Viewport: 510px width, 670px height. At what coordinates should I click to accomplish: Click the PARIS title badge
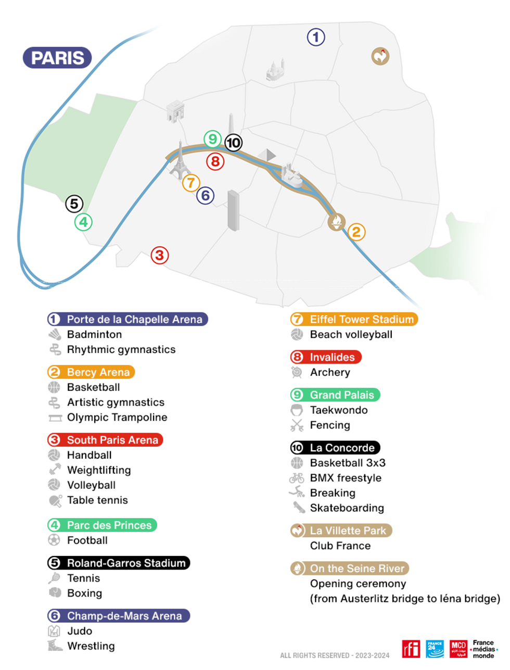[57, 58]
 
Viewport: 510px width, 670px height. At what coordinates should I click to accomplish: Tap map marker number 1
[316, 37]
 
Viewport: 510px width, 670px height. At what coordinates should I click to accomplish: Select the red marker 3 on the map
[160, 255]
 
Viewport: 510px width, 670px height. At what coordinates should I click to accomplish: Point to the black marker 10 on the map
[234, 143]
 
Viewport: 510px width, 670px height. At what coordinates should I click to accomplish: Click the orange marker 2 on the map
[356, 232]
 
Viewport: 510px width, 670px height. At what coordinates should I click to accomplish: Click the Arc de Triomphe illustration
[175, 111]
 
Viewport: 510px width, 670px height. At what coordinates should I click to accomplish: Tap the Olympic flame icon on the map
[337, 222]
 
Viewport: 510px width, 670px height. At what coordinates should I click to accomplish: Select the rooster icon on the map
[380, 56]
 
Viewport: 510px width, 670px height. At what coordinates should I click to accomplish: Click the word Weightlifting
[99, 470]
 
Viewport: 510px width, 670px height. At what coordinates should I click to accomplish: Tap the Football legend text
[87, 540]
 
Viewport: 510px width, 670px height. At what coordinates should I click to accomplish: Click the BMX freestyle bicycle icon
[297, 478]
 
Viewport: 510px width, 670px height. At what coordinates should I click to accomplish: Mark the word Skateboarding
[347, 508]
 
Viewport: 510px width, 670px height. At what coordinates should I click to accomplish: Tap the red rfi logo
[411, 649]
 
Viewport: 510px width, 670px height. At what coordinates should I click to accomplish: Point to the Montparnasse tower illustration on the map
[234, 210]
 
